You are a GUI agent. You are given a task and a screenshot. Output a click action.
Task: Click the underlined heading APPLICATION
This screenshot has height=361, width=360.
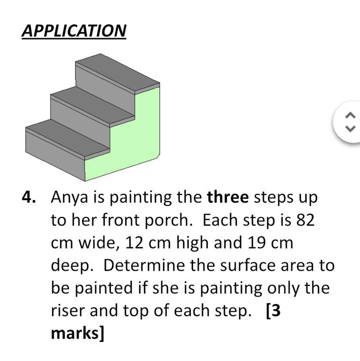tap(74, 31)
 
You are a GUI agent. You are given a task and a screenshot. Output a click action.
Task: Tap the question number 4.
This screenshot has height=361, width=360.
tap(29, 197)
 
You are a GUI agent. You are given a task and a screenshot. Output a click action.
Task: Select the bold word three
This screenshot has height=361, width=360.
tap(228, 197)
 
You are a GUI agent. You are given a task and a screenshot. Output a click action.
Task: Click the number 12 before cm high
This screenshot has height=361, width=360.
tap(134, 243)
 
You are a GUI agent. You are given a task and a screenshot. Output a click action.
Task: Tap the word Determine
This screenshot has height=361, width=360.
tap(144, 265)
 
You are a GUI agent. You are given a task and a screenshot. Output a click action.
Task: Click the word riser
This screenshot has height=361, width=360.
tap(68, 310)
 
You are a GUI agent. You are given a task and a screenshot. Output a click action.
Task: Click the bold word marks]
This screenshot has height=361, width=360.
tap(78, 334)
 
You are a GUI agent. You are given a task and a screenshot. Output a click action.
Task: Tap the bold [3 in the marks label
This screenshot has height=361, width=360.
tap(273, 311)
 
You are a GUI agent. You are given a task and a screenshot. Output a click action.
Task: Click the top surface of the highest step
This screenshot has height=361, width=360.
tap(118, 73)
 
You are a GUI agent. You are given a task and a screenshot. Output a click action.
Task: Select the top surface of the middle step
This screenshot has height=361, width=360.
tap(92, 106)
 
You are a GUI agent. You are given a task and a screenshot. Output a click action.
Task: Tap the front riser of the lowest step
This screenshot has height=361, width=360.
tap(55, 157)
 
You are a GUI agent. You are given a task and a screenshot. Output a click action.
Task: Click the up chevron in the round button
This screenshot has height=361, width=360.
tap(350, 115)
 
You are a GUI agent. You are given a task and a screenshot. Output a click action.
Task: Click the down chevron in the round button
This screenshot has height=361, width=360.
tap(350, 129)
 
